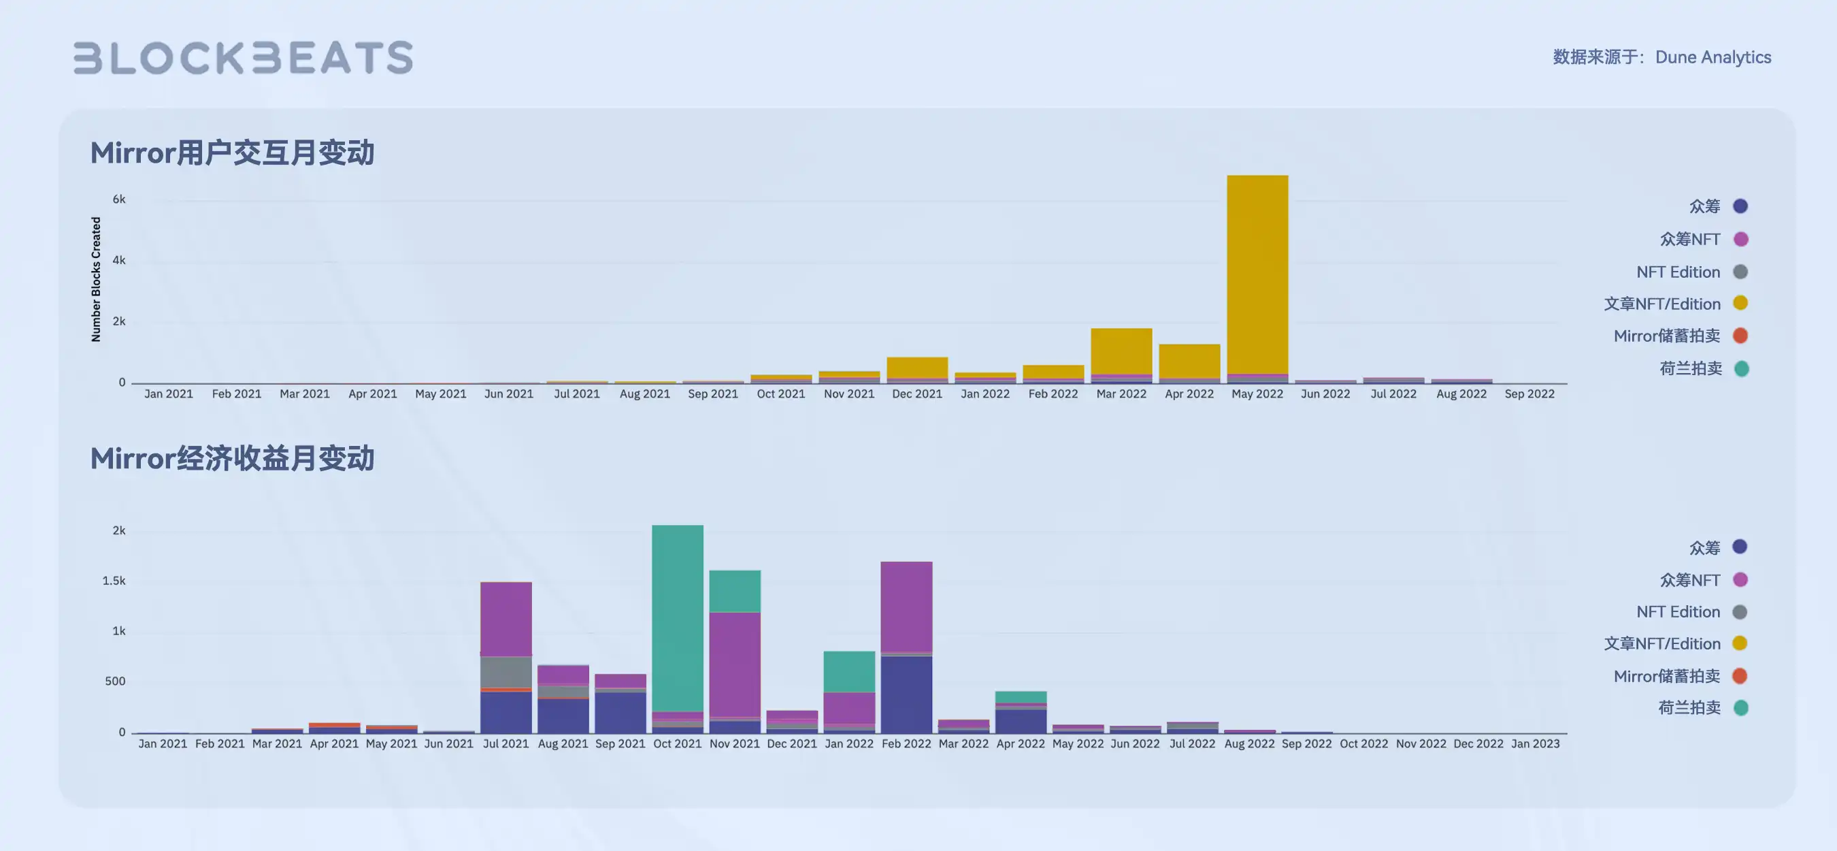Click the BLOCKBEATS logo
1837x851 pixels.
[243, 58]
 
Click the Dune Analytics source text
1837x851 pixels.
[1712, 57]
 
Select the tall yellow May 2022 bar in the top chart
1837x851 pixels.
[1257, 274]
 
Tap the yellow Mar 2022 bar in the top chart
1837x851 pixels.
[1121, 351]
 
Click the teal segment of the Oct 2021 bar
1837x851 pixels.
[678, 617]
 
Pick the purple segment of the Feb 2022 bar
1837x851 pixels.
[906, 607]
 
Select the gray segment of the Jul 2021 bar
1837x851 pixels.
[506, 672]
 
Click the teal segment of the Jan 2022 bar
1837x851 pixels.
[848, 671]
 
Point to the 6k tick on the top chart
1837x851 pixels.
[119, 199]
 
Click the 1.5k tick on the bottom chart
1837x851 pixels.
[114, 581]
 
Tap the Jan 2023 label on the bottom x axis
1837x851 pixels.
[1536, 743]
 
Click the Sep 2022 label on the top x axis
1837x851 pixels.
[1529, 394]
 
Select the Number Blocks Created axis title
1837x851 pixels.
[96, 280]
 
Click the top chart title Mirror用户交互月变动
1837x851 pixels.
[232, 152]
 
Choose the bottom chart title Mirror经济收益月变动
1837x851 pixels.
[232, 458]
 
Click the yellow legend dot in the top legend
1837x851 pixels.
[1740, 303]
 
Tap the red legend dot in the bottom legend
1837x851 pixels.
[1739, 675]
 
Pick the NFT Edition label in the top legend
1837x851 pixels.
[1678, 272]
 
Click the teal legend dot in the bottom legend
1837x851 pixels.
[1740, 707]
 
